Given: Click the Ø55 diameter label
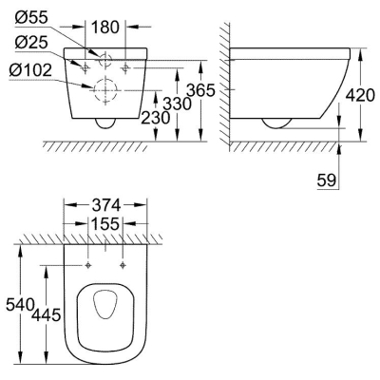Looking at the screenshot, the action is (31, 18).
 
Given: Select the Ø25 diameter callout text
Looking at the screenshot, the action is (31, 43).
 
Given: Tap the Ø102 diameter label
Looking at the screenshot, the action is (30, 70).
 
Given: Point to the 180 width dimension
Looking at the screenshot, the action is (105, 28).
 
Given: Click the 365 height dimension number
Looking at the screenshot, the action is (200, 90).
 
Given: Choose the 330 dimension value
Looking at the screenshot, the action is (177, 104).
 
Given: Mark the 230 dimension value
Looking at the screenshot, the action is (155, 118).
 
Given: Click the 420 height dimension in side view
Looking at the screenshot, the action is (360, 95).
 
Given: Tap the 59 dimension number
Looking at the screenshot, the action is (326, 180).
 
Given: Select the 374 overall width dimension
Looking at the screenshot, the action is (106, 205).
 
